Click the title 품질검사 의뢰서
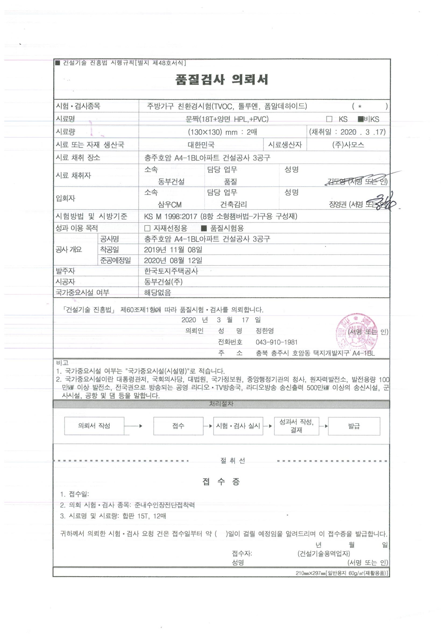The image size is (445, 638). coord(222,80)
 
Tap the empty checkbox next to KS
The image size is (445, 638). coord(329,119)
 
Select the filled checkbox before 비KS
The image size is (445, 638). coord(360,119)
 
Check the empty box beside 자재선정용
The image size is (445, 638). coord(147,228)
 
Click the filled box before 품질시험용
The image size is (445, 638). coord(204,228)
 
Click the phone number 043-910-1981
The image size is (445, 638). coord(276,342)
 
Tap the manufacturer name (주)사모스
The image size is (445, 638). coord(348,145)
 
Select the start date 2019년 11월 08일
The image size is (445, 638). coord(173,249)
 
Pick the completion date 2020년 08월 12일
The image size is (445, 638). coord(173,260)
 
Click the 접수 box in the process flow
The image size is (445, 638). coord(178,426)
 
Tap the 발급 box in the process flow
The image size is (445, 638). coord(354,426)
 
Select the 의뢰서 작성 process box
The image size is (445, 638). coord(94,426)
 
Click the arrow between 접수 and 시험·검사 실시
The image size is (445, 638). coord(208,426)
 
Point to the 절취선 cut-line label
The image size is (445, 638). coord(232,461)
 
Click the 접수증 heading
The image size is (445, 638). coord(221,482)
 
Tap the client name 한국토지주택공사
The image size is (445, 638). coord(171,271)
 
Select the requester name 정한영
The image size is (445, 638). coord(265,331)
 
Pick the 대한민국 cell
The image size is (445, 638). coord(201,145)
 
